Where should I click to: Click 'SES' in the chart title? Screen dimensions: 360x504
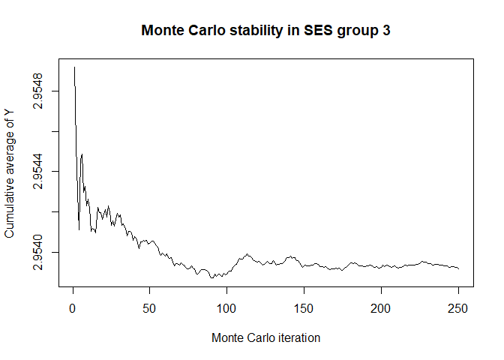tap(323, 32)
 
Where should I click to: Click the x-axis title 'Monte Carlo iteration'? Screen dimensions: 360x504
tap(266, 338)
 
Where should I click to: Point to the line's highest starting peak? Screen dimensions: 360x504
tap(74, 67)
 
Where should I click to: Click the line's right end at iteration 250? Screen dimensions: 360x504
tap(458, 268)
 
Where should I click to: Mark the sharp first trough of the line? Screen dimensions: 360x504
tap(79, 229)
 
